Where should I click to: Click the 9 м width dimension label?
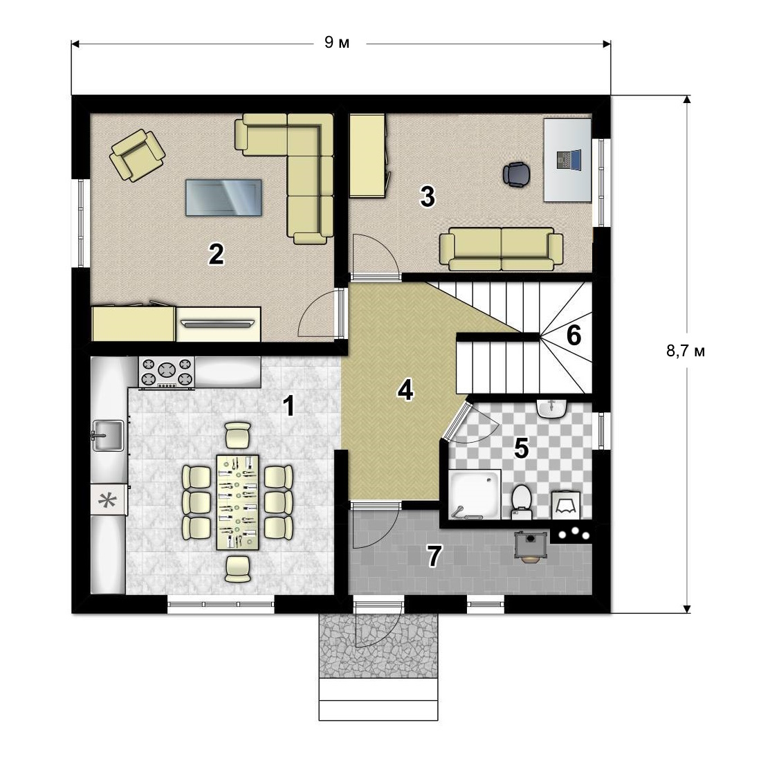coord(337,43)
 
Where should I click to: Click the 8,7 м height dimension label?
coord(686,351)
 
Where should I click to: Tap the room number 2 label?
coord(216,254)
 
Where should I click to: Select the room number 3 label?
coord(427,196)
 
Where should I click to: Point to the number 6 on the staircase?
coord(574,335)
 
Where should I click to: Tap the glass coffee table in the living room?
coord(224,197)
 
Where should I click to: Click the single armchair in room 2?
coord(137,155)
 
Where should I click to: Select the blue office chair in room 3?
coord(516,174)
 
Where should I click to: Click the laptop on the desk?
coord(568,160)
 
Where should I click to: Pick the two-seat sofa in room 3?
coord(502,249)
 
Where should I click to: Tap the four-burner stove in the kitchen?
coord(167,372)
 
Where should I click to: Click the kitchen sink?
coord(107,435)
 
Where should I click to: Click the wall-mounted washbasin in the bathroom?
coord(552,408)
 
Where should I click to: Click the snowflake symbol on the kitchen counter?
coord(108,500)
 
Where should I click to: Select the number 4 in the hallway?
coord(405,389)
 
